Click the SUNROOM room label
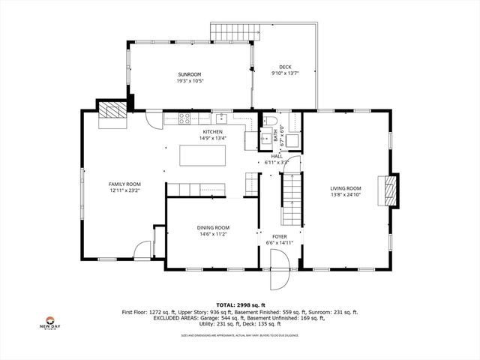190,74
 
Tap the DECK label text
285,67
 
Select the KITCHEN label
213,132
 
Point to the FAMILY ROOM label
124,184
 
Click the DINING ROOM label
213,227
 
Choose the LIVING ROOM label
346,188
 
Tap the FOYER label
280,236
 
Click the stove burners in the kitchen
185,118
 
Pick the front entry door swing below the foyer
279,274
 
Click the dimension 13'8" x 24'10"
346,195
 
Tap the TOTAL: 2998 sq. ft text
239,304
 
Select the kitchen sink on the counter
221,118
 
